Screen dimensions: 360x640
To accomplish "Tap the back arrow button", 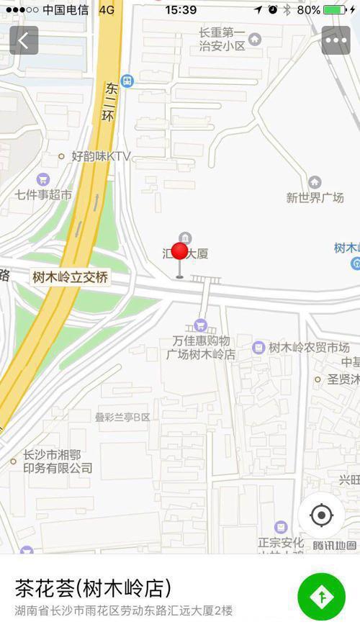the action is (x=24, y=40).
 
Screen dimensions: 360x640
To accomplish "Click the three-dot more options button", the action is (x=336, y=40).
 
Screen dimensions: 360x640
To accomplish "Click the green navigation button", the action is (x=321, y=597).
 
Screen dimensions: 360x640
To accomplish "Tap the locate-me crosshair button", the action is (x=321, y=515).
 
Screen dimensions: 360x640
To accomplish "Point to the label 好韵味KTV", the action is (x=100, y=156).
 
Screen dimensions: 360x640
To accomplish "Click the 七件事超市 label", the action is (x=44, y=194).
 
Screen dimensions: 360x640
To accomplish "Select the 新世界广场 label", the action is (x=315, y=197).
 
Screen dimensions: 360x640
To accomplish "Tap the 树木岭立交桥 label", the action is (x=70, y=277).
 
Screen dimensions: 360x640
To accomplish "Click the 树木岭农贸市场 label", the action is (x=309, y=348).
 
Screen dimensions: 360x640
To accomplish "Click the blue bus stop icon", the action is (x=127, y=81).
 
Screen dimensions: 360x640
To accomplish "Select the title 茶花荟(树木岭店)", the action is (x=93, y=588).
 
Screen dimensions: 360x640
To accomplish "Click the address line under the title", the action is (x=124, y=611).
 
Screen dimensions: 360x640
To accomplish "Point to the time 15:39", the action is (x=181, y=10).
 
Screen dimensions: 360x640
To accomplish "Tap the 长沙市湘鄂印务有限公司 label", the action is (x=58, y=461).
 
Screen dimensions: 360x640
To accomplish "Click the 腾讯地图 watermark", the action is (x=335, y=545).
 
